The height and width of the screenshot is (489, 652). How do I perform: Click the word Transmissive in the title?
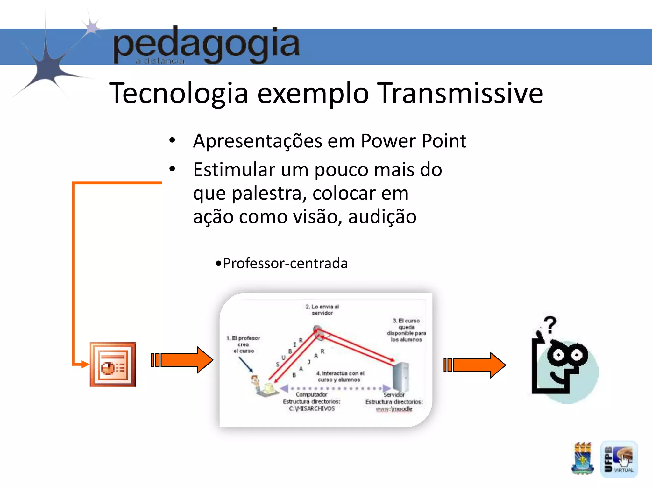click(461, 93)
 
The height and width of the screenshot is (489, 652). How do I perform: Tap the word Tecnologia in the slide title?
click(178, 94)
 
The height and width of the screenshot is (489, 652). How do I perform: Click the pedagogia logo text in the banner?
click(206, 45)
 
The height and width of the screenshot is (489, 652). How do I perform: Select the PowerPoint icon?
click(113, 364)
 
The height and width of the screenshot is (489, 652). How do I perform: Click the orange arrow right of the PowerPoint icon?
click(182, 360)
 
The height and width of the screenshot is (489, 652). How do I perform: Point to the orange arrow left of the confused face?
click(474, 365)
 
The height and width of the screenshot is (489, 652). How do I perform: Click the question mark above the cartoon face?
click(550, 324)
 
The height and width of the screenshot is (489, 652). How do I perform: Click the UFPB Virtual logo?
click(619, 459)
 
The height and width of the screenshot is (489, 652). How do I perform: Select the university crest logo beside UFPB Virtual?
click(582, 458)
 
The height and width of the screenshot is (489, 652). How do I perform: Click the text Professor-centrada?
click(285, 263)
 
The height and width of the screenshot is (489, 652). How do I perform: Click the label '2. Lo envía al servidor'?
click(322, 310)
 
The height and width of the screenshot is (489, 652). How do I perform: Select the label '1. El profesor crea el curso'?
click(244, 344)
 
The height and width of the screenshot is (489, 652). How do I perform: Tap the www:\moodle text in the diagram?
click(394, 409)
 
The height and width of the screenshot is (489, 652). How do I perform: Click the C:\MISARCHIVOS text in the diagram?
click(312, 408)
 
